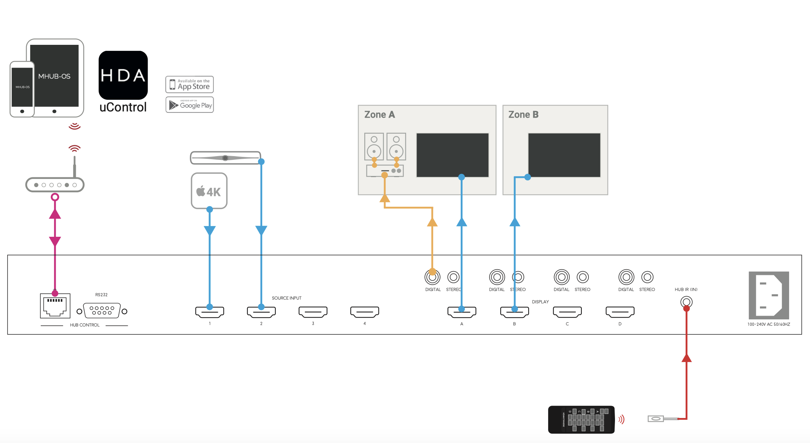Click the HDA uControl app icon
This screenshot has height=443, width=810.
point(123,75)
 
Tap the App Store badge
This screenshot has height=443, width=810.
point(189,84)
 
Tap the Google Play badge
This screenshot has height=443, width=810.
point(189,105)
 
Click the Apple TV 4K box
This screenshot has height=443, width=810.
point(209,190)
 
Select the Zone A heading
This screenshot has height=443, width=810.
point(379,115)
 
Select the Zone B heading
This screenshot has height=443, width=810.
point(523,115)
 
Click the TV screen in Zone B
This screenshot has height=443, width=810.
point(564,155)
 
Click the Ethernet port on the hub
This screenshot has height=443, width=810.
point(55,306)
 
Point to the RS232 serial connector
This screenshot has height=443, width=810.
point(102,311)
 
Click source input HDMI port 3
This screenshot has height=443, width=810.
point(313,312)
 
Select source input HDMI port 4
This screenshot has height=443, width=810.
point(364,312)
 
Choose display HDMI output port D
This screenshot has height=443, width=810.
point(620,312)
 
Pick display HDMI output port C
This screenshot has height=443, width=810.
point(567,312)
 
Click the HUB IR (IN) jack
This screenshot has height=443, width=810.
point(686,302)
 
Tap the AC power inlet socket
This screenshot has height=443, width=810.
point(769,295)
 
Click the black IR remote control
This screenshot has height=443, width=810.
point(581,419)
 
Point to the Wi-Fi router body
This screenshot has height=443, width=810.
point(55,185)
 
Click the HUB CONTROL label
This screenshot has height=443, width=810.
point(84,325)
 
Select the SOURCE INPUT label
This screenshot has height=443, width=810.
point(286,298)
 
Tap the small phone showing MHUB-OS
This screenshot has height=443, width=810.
point(22,89)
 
